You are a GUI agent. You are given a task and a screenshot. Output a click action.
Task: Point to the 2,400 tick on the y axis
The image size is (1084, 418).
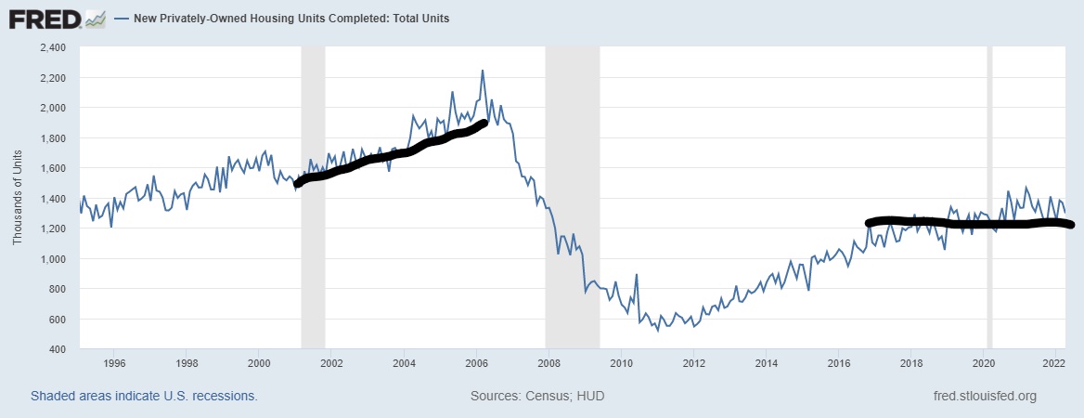tap(51, 47)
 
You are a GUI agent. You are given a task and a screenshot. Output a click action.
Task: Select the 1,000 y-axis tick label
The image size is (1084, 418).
tap(51, 259)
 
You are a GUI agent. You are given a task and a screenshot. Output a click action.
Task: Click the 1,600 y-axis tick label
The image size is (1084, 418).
tap(51, 168)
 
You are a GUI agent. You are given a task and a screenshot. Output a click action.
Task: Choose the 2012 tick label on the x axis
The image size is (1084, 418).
tap(693, 363)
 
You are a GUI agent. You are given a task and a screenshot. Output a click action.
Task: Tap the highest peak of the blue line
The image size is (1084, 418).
tap(483, 71)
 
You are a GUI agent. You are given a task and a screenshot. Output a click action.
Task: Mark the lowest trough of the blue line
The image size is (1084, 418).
tap(658, 331)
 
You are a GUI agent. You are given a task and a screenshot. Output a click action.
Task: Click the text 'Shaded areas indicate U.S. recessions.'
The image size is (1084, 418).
tap(144, 397)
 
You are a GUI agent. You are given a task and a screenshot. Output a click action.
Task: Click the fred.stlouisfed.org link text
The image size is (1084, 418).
tap(984, 397)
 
